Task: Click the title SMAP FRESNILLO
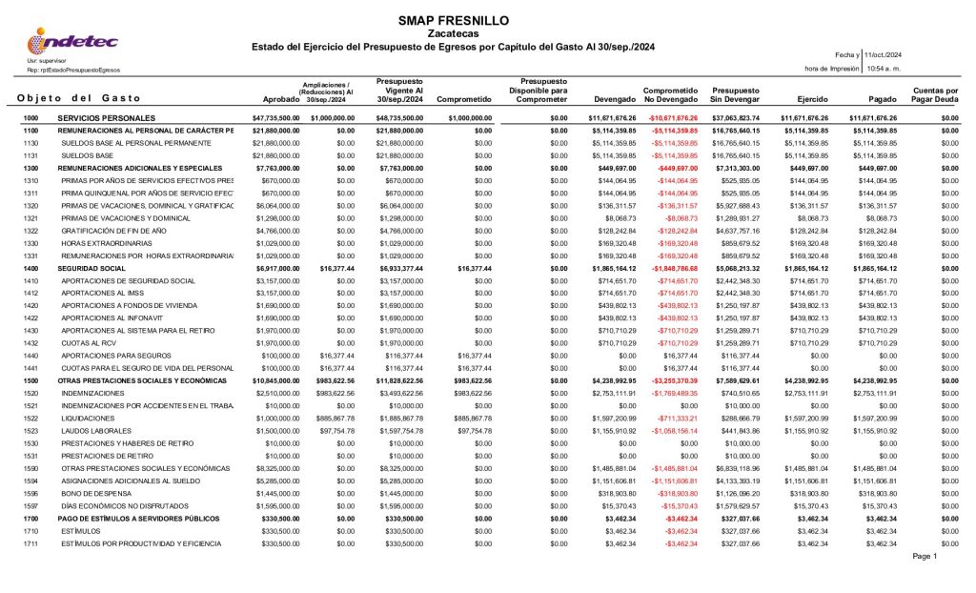click(x=439, y=20)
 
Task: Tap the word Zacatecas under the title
click(x=439, y=33)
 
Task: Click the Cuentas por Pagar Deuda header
click(x=934, y=94)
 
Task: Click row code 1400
click(x=30, y=269)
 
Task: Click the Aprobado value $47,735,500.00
click(x=275, y=117)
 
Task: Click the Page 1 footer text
click(x=925, y=556)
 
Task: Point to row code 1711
click(x=30, y=542)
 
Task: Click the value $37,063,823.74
click(x=735, y=117)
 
